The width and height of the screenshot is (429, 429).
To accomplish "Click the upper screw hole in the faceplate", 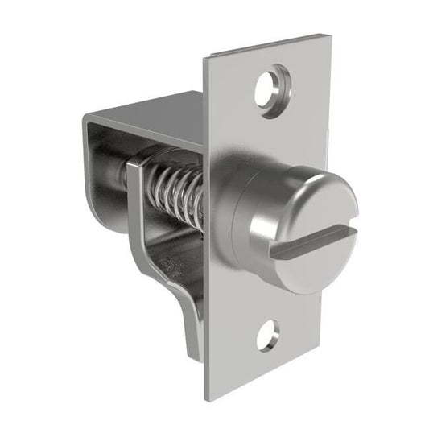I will tap(271, 87).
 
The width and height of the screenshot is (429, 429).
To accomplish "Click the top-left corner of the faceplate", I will tap(204, 58).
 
